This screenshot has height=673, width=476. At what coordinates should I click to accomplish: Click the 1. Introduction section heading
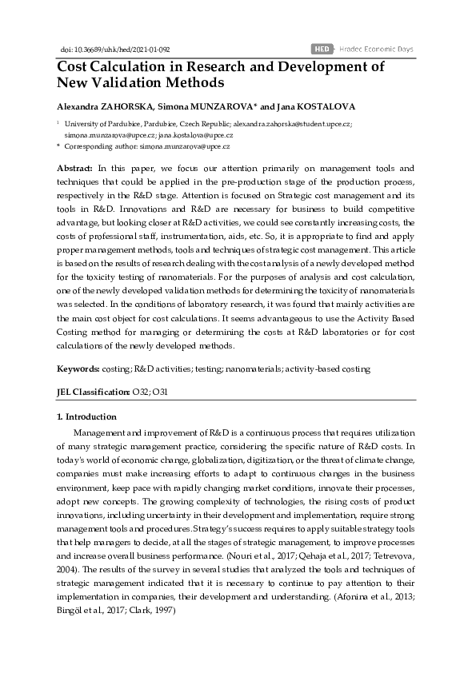pyautogui.click(x=86, y=416)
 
